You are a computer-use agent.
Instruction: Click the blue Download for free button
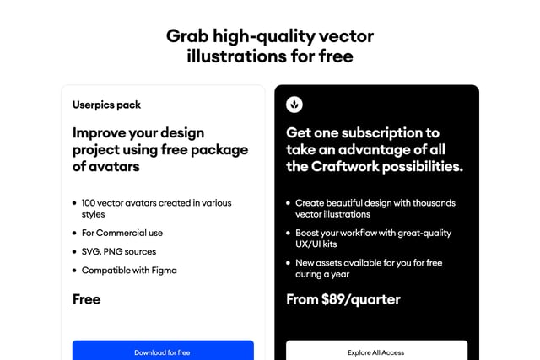click(163, 351)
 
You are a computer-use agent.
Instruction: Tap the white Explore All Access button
click(376, 351)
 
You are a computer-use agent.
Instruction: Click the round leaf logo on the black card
click(294, 105)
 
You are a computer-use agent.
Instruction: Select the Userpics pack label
click(106, 105)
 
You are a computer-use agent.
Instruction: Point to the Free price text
click(87, 299)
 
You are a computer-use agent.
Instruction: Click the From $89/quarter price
click(343, 299)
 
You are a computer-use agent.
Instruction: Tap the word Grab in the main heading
click(186, 36)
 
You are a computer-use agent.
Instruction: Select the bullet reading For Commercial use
click(122, 233)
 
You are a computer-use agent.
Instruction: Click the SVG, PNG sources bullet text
click(119, 251)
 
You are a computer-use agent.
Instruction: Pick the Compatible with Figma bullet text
click(129, 271)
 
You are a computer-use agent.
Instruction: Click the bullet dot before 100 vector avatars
click(74, 203)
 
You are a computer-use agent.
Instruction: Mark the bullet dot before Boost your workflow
click(288, 233)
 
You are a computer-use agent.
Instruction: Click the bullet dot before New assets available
click(288, 263)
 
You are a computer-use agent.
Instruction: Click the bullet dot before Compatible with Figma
click(74, 271)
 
